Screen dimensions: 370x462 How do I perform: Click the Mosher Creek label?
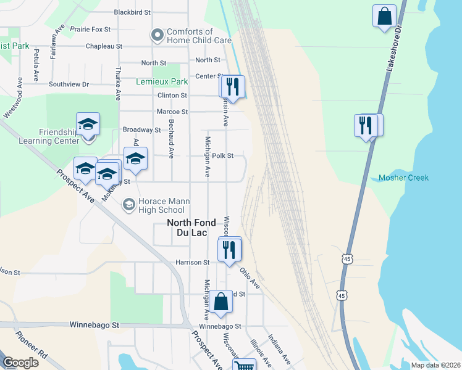[403, 178]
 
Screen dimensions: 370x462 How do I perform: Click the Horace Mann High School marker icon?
[128, 204]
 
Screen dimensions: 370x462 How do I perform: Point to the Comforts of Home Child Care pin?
[157, 36]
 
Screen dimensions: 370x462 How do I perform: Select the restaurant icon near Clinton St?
[233, 86]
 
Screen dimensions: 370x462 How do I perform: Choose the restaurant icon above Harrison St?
[229, 249]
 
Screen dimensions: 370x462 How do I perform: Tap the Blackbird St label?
[133, 12]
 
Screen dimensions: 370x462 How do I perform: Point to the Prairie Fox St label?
[90, 29]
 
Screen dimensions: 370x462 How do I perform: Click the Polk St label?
[222, 156]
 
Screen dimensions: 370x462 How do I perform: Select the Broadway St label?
[141, 130]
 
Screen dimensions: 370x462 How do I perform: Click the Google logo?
[20, 363]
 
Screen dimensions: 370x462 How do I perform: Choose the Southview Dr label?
[69, 84]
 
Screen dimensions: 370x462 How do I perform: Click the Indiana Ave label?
[278, 350]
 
